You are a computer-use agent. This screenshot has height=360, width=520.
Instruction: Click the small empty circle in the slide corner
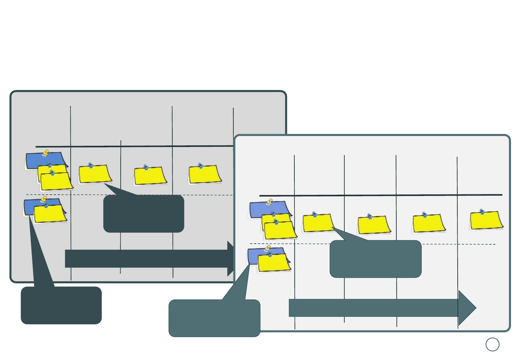pyautogui.click(x=492, y=344)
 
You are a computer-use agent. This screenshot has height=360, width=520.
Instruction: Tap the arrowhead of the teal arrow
pyautogui.click(x=467, y=308)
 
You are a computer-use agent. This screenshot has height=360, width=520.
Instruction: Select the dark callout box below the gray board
pyautogui.click(x=61, y=305)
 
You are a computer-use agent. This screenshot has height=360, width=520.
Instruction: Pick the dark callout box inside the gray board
pyautogui.click(x=144, y=214)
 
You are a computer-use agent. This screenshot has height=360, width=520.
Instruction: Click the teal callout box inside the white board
pyautogui.click(x=375, y=259)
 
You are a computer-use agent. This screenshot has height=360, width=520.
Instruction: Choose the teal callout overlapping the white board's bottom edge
pyautogui.click(x=214, y=318)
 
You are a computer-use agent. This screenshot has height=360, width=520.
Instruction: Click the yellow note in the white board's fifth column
pyautogui.click(x=486, y=221)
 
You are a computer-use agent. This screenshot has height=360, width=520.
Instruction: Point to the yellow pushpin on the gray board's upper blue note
pyautogui.click(x=46, y=153)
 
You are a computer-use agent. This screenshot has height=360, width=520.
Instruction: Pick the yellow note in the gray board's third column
pyautogui.click(x=150, y=176)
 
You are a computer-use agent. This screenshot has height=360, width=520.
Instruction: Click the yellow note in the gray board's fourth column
pyautogui.click(x=205, y=175)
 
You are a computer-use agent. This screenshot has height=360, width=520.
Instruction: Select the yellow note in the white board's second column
pyautogui.click(x=318, y=223)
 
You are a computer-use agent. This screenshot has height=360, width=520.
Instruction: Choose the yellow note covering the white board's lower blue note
pyautogui.click(x=274, y=263)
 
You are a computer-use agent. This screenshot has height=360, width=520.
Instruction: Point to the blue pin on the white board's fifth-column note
pyautogui.click(x=482, y=212)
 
